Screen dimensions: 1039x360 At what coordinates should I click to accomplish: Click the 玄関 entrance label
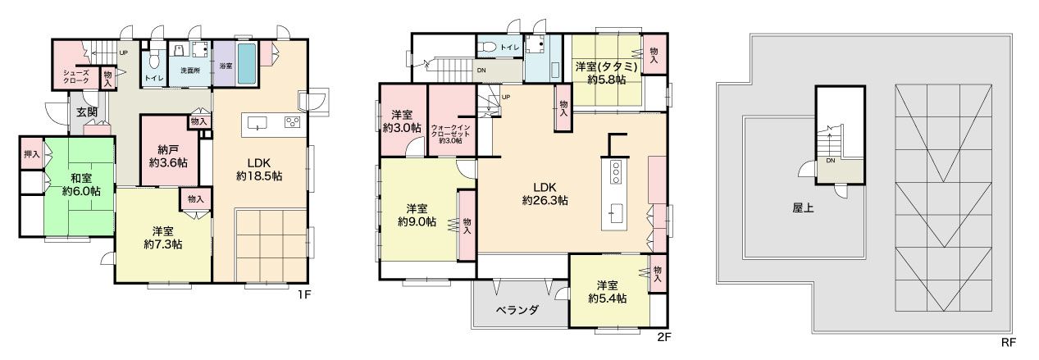87,112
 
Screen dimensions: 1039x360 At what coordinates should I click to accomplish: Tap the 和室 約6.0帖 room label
81,185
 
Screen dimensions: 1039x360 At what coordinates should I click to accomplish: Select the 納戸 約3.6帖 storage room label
168,157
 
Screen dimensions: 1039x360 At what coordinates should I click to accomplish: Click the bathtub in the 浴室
247,64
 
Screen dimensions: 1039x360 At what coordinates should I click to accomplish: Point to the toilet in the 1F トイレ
154,58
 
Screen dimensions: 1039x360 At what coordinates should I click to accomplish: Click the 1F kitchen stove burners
293,122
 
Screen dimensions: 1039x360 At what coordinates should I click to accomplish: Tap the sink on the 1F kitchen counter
257,123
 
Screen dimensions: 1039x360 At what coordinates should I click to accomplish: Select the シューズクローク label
76,76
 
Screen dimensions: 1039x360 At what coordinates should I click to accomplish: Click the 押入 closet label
31,153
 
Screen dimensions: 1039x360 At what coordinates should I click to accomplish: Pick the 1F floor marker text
303,294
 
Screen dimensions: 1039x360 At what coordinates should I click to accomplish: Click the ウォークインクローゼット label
450,134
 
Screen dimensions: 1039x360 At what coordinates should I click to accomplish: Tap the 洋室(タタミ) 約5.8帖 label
607,73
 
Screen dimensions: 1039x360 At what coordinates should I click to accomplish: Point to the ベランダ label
517,310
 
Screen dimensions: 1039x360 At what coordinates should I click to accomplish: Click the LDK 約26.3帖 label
545,194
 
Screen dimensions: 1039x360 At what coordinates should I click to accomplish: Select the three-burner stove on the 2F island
616,172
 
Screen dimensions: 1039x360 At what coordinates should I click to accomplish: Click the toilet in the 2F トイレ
487,47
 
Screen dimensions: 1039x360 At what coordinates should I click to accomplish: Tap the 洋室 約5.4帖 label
607,292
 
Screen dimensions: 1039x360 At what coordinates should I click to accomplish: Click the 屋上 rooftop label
803,207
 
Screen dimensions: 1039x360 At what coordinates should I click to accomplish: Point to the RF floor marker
1009,343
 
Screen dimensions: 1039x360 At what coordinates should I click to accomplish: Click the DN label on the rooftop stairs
830,161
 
